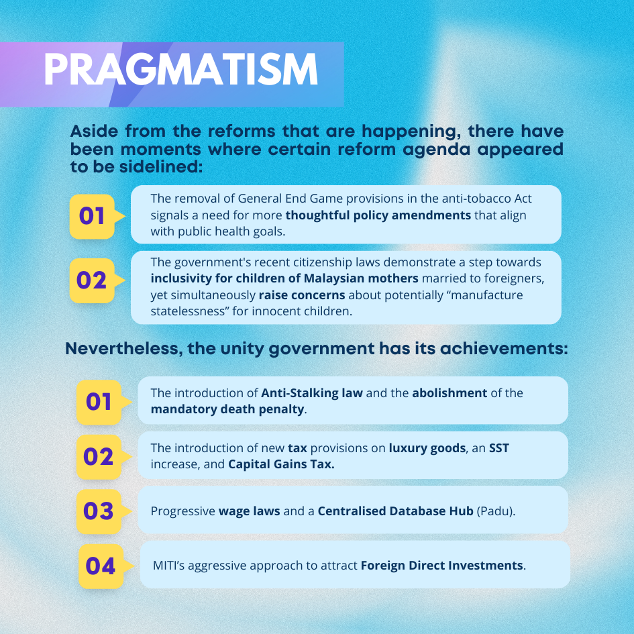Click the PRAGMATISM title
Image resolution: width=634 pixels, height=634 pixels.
coord(180,70)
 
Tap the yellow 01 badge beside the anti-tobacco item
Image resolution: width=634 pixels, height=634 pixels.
coord(92,216)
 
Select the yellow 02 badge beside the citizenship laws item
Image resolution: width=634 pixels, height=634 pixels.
coord(92,280)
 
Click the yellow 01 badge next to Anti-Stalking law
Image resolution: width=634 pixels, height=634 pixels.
coord(99,402)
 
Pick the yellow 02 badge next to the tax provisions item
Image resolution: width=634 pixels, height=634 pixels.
coord(99,457)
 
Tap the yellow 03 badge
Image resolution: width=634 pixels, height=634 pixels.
coord(99,511)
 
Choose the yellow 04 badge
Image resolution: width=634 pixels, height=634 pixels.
coord(101,566)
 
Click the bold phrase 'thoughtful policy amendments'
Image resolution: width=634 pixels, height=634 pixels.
coord(378,215)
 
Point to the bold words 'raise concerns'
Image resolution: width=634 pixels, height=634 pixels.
coord(302,295)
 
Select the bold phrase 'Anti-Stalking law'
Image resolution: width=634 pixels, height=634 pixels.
coord(312,393)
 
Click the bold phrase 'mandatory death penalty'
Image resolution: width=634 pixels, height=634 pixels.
coord(227,409)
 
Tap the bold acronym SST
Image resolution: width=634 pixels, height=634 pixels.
coord(499,448)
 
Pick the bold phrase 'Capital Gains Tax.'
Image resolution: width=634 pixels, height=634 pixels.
coord(281,464)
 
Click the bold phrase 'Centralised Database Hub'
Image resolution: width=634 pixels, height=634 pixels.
coord(395,511)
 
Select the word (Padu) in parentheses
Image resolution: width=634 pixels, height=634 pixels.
coord(495,511)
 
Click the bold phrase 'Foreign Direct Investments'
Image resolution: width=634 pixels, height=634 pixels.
coord(442,566)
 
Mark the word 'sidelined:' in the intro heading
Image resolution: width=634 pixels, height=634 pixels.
coord(161,167)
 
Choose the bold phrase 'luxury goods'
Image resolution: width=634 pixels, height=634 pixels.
coord(427,448)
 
